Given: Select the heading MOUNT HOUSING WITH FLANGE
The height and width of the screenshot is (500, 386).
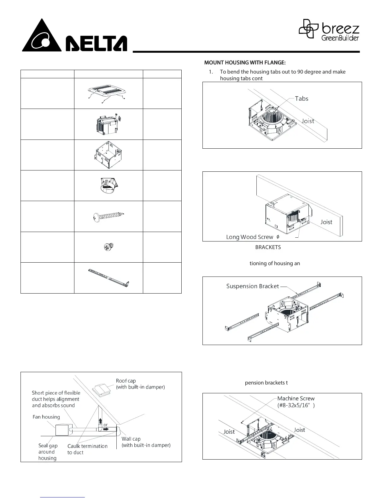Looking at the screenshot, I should (245, 63).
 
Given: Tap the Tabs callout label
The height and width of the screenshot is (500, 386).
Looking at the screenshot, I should (301, 98).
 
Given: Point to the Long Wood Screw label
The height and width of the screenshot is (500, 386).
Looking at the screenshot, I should (249, 237).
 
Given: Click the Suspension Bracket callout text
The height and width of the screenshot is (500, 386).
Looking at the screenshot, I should (252, 286).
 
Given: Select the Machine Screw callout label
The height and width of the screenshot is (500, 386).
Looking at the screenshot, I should (296, 398).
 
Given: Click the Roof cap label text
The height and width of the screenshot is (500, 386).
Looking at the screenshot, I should (126, 381).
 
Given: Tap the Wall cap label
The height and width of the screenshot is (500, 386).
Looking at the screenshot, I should (131, 439).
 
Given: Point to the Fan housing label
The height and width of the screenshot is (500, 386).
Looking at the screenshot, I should (46, 417).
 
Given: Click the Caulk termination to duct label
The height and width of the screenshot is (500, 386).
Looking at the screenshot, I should (87, 449).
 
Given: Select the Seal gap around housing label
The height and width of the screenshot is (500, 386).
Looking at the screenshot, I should (48, 452).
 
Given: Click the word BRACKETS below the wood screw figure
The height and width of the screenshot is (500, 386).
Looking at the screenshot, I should (268, 247).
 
